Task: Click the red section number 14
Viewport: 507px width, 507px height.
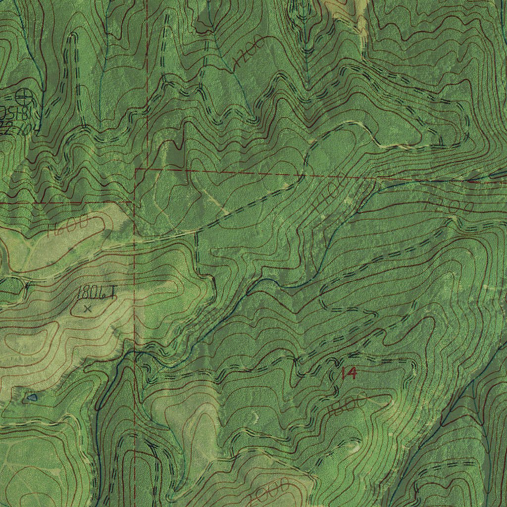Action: pyautogui.click(x=349, y=373)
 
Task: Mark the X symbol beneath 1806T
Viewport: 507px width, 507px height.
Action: pyautogui.click(x=88, y=309)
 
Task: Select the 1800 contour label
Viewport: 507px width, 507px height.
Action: pyautogui.click(x=347, y=405)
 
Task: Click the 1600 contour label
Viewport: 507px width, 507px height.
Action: pyautogui.click(x=68, y=226)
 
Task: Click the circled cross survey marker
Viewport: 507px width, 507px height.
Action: pyautogui.click(x=23, y=95)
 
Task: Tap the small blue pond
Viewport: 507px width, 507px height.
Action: pyautogui.click(x=32, y=397)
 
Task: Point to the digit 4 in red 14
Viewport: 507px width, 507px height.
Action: pyautogui.click(x=352, y=373)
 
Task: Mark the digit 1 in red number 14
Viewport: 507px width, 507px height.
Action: pyautogui.click(x=343, y=374)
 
